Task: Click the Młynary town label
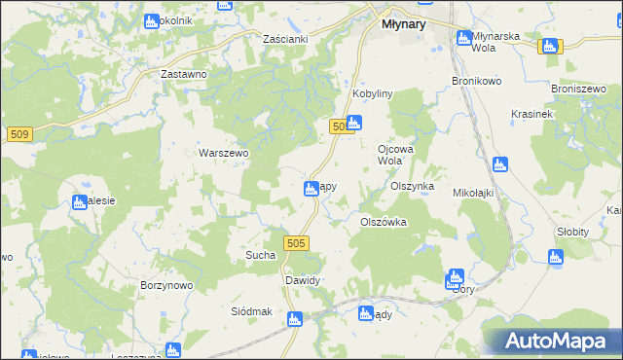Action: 398,24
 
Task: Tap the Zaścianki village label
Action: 286,39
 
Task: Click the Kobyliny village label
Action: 372,93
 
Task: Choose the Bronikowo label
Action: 475,81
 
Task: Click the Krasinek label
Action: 531,114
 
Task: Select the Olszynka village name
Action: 412,185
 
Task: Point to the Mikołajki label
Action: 475,193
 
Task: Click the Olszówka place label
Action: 383,222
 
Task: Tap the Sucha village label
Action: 260,255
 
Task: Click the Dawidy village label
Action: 302,280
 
